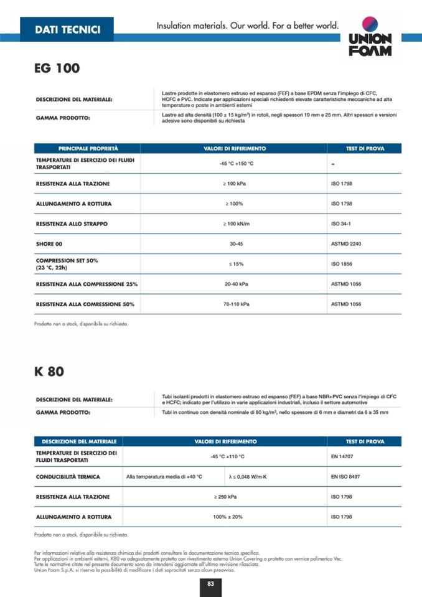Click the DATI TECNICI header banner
[x=67, y=29]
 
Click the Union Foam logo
[x=370, y=36]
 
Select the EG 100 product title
[x=57, y=68]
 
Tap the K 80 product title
[x=49, y=372]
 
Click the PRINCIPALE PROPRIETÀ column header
[x=88, y=149]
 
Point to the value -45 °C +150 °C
[x=237, y=163]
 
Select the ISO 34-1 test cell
[x=341, y=223]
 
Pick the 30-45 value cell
[x=236, y=244]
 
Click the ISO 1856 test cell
[x=341, y=264]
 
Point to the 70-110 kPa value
[x=236, y=304]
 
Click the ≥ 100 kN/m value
[x=236, y=223]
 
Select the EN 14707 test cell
[x=342, y=456]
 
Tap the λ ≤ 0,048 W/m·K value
[x=248, y=477]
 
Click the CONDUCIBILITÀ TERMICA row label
[x=73, y=477]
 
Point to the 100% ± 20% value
[x=227, y=517]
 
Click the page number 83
[x=211, y=583]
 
